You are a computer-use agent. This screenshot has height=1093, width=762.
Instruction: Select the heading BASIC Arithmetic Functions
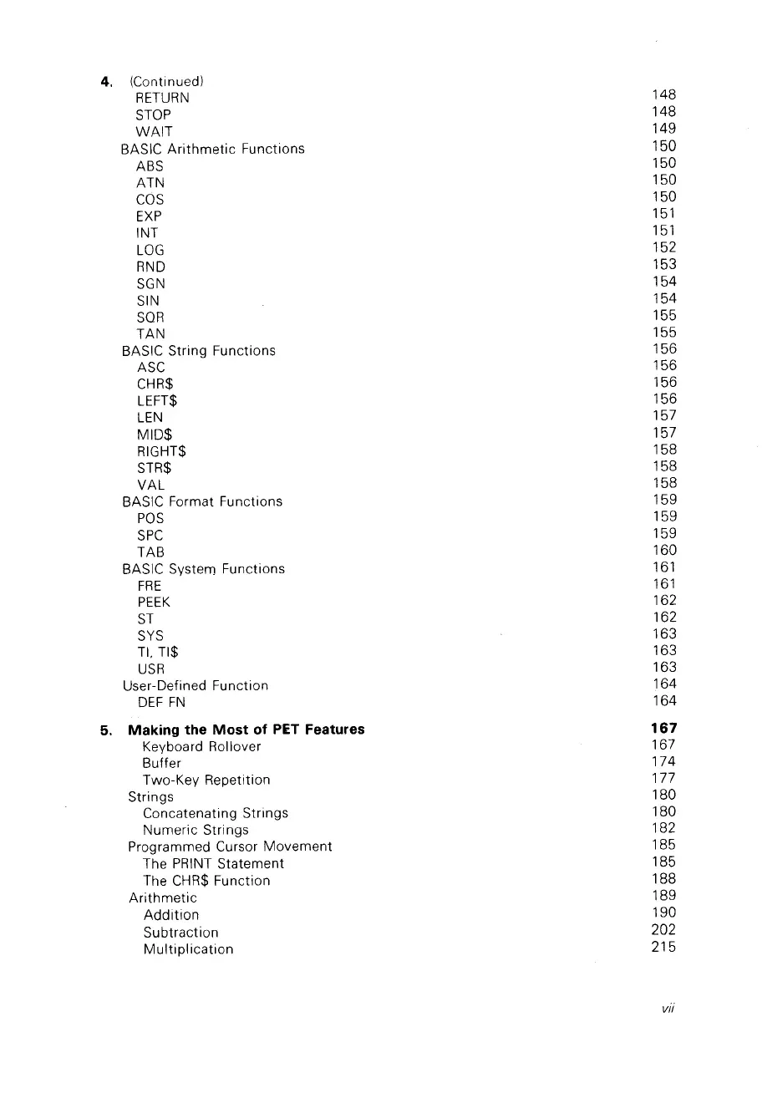coord(212,149)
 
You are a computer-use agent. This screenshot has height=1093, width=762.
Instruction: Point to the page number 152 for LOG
coord(664,247)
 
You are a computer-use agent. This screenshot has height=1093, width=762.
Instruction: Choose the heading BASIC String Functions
coord(198,350)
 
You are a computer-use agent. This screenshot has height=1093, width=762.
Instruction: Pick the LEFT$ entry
coord(156,400)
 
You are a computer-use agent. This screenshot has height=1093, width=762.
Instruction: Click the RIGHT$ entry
coord(160,451)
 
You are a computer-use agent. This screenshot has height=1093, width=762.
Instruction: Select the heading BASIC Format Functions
coord(201,501)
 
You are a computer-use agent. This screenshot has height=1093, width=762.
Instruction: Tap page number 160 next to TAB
coord(664,550)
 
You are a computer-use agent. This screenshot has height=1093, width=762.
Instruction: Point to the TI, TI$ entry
coord(158,652)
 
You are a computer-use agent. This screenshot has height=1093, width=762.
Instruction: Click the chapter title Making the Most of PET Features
coord(246,730)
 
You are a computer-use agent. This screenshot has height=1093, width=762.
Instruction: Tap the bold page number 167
coord(664,729)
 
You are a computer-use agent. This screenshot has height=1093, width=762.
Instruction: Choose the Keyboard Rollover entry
coord(201,746)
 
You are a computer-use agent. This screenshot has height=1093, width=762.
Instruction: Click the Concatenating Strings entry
coord(216,813)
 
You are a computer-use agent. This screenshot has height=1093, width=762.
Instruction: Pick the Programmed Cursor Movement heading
coord(230,846)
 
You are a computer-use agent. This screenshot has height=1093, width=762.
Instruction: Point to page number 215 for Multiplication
coord(664,947)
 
